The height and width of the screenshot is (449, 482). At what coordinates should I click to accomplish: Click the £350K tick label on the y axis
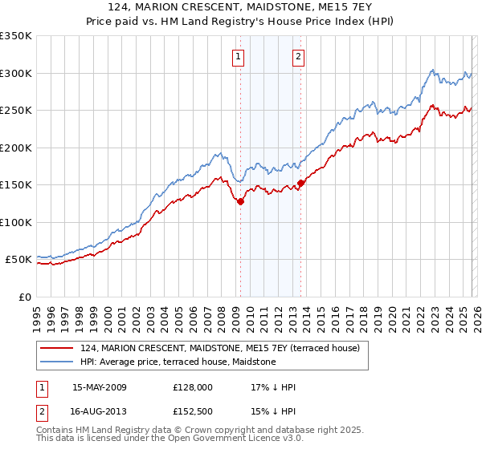(15, 36)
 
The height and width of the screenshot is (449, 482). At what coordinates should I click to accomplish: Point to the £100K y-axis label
(15, 222)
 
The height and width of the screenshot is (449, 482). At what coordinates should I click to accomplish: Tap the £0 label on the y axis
(22, 297)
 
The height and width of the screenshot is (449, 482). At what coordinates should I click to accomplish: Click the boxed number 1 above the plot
(239, 57)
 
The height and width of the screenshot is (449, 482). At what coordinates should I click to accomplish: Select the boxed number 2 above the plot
(298, 57)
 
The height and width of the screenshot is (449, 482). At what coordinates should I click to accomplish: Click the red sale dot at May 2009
(240, 202)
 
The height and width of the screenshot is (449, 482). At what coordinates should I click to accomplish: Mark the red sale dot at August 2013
(300, 184)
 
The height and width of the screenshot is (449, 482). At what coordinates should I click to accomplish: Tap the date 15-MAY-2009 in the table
(100, 387)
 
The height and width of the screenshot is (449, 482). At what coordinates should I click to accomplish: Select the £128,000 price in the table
(192, 387)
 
